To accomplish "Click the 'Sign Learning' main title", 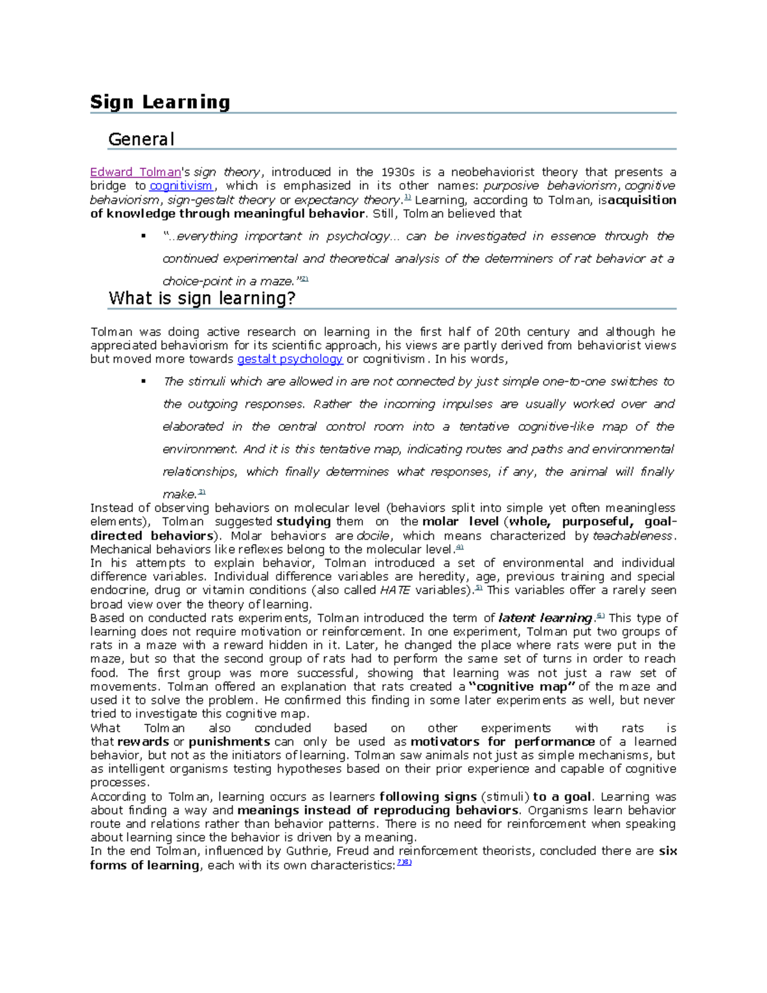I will pyautogui.click(x=160, y=102).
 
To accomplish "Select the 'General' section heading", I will pyautogui.click(x=141, y=139).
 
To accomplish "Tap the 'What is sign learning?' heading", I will pyautogui.click(x=202, y=299).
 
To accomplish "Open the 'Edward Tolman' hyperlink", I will pyautogui.click(x=136, y=173).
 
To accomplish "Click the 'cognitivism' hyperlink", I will pyautogui.click(x=181, y=186).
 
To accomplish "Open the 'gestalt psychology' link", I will pyautogui.click(x=290, y=359).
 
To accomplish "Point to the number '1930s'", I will pyautogui.click(x=398, y=173).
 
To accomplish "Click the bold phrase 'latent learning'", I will pyautogui.click(x=545, y=618).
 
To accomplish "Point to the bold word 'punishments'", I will pyautogui.click(x=229, y=742).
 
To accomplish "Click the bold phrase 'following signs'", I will pyautogui.click(x=428, y=797).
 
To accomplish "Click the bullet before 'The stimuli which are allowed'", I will pyautogui.click(x=144, y=382).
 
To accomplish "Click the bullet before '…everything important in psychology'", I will pyautogui.click(x=144, y=237).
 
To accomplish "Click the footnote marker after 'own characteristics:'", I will pyautogui.click(x=404, y=863).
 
